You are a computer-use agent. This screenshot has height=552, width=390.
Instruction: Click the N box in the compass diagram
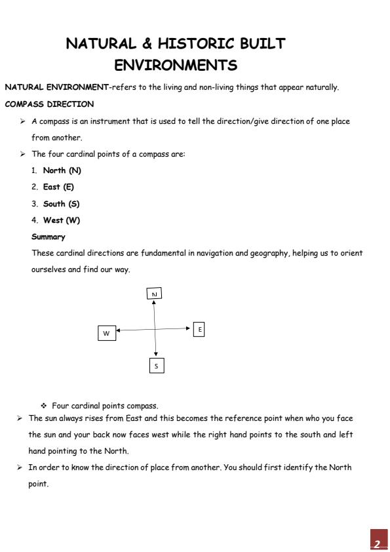154,294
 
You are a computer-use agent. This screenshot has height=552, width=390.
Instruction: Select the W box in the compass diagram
106,333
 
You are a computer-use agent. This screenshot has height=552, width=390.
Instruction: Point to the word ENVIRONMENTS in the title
176,66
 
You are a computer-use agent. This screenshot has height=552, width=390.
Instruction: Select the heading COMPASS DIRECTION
49,104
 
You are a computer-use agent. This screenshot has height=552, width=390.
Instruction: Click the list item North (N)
62,170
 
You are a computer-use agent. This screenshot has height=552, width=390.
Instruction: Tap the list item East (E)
58,187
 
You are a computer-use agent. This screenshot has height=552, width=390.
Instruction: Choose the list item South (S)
61,204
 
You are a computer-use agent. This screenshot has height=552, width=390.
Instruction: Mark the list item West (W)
61,220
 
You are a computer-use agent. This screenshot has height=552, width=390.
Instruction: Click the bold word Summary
49,237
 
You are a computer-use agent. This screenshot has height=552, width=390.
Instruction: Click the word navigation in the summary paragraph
212,253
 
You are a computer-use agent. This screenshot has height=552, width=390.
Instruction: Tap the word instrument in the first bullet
111,121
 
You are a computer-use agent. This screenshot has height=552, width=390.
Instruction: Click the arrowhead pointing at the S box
155,355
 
